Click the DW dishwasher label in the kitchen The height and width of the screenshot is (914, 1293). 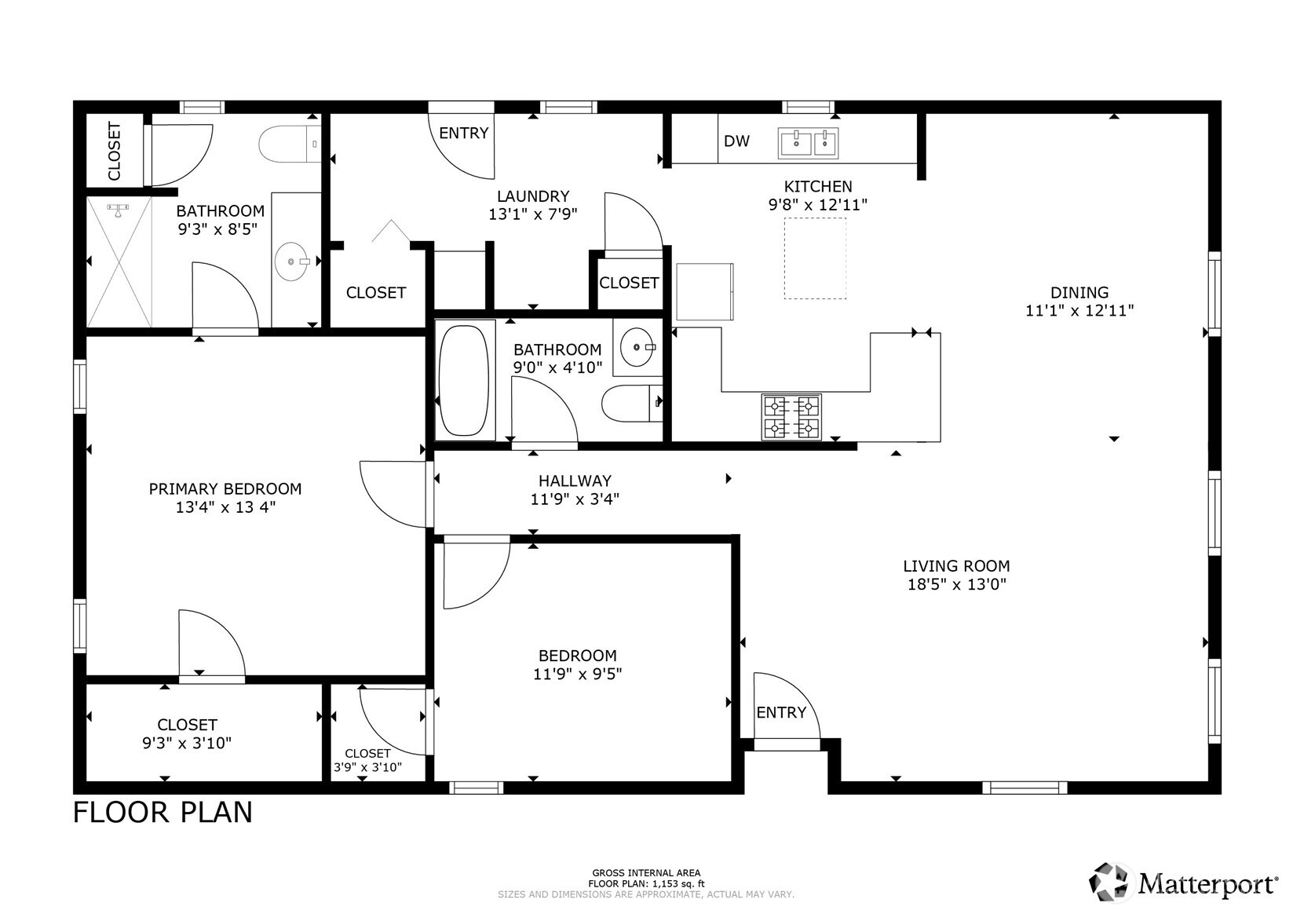coord(736,141)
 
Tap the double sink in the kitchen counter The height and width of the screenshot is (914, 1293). coord(808,143)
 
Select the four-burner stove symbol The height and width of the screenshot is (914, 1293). coord(791,417)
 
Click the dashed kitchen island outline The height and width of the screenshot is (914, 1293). coord(815,258)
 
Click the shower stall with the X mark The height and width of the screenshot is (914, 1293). coord(119,261)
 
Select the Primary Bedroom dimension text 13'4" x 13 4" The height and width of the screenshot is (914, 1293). coord(225,507)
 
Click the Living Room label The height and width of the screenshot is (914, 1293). coord(955,565)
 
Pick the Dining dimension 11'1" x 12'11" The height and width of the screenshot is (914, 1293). coord(1079,310)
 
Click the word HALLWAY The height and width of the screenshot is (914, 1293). coord(575,481)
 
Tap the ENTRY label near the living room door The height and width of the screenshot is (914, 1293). coord(780,712)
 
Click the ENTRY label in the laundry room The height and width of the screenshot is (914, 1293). coord(463,133)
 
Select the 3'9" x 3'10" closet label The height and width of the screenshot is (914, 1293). coord(367,767)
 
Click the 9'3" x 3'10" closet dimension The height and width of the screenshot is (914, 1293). coord(187,743)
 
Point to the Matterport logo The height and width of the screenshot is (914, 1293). coord(1182,883)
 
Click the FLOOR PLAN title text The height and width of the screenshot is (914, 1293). coord(163,812)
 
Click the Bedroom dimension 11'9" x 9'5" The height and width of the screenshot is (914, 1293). coord(577,673)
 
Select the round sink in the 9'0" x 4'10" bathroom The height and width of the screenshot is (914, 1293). coord(636,345)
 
